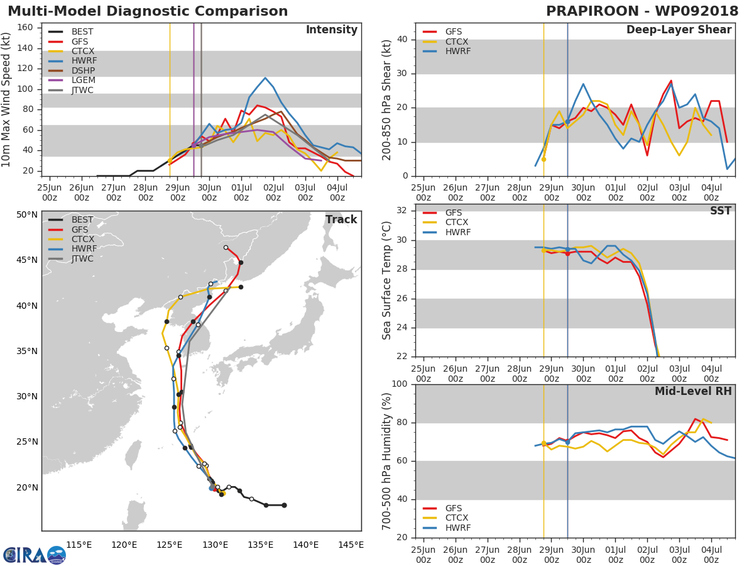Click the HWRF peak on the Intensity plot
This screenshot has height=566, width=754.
pyautogui.click(x=265, y=78)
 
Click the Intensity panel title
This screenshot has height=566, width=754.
pyautogui.click(x=332, y=30)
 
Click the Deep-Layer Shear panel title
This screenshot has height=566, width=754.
pyautogui.click(x=679, y=30)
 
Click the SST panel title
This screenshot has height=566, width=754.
pyautogui.click(x=721, y=211)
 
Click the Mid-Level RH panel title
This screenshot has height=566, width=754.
pyautogui.click(x=693, y=391)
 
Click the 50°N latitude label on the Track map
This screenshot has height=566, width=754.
pyautogui.click(x=27, y=215)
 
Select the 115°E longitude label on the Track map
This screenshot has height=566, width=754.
pyautogui.click(x=79, y=545)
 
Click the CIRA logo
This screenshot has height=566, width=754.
pyautogui.click(x=35, y=555)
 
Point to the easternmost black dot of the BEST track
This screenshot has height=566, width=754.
pyautogui.click(x=284, y=505)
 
